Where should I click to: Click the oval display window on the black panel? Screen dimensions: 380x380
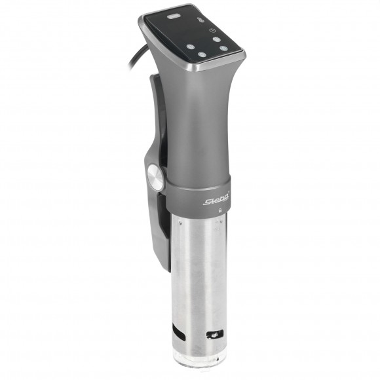pyautogui.click(x=174, y=16)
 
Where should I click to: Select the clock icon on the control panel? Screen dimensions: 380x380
pyautogui.click(x=212, y=30)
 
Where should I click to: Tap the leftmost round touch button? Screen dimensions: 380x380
pyautogui.click(x=190, y=47)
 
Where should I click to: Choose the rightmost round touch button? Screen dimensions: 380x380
pyautogui.click(x=224, y=48)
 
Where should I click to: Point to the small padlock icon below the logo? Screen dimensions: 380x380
pyautogui.click(x=220, y=210)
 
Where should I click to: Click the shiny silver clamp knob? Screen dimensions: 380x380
pyautogui.click(x=155, y=177)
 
